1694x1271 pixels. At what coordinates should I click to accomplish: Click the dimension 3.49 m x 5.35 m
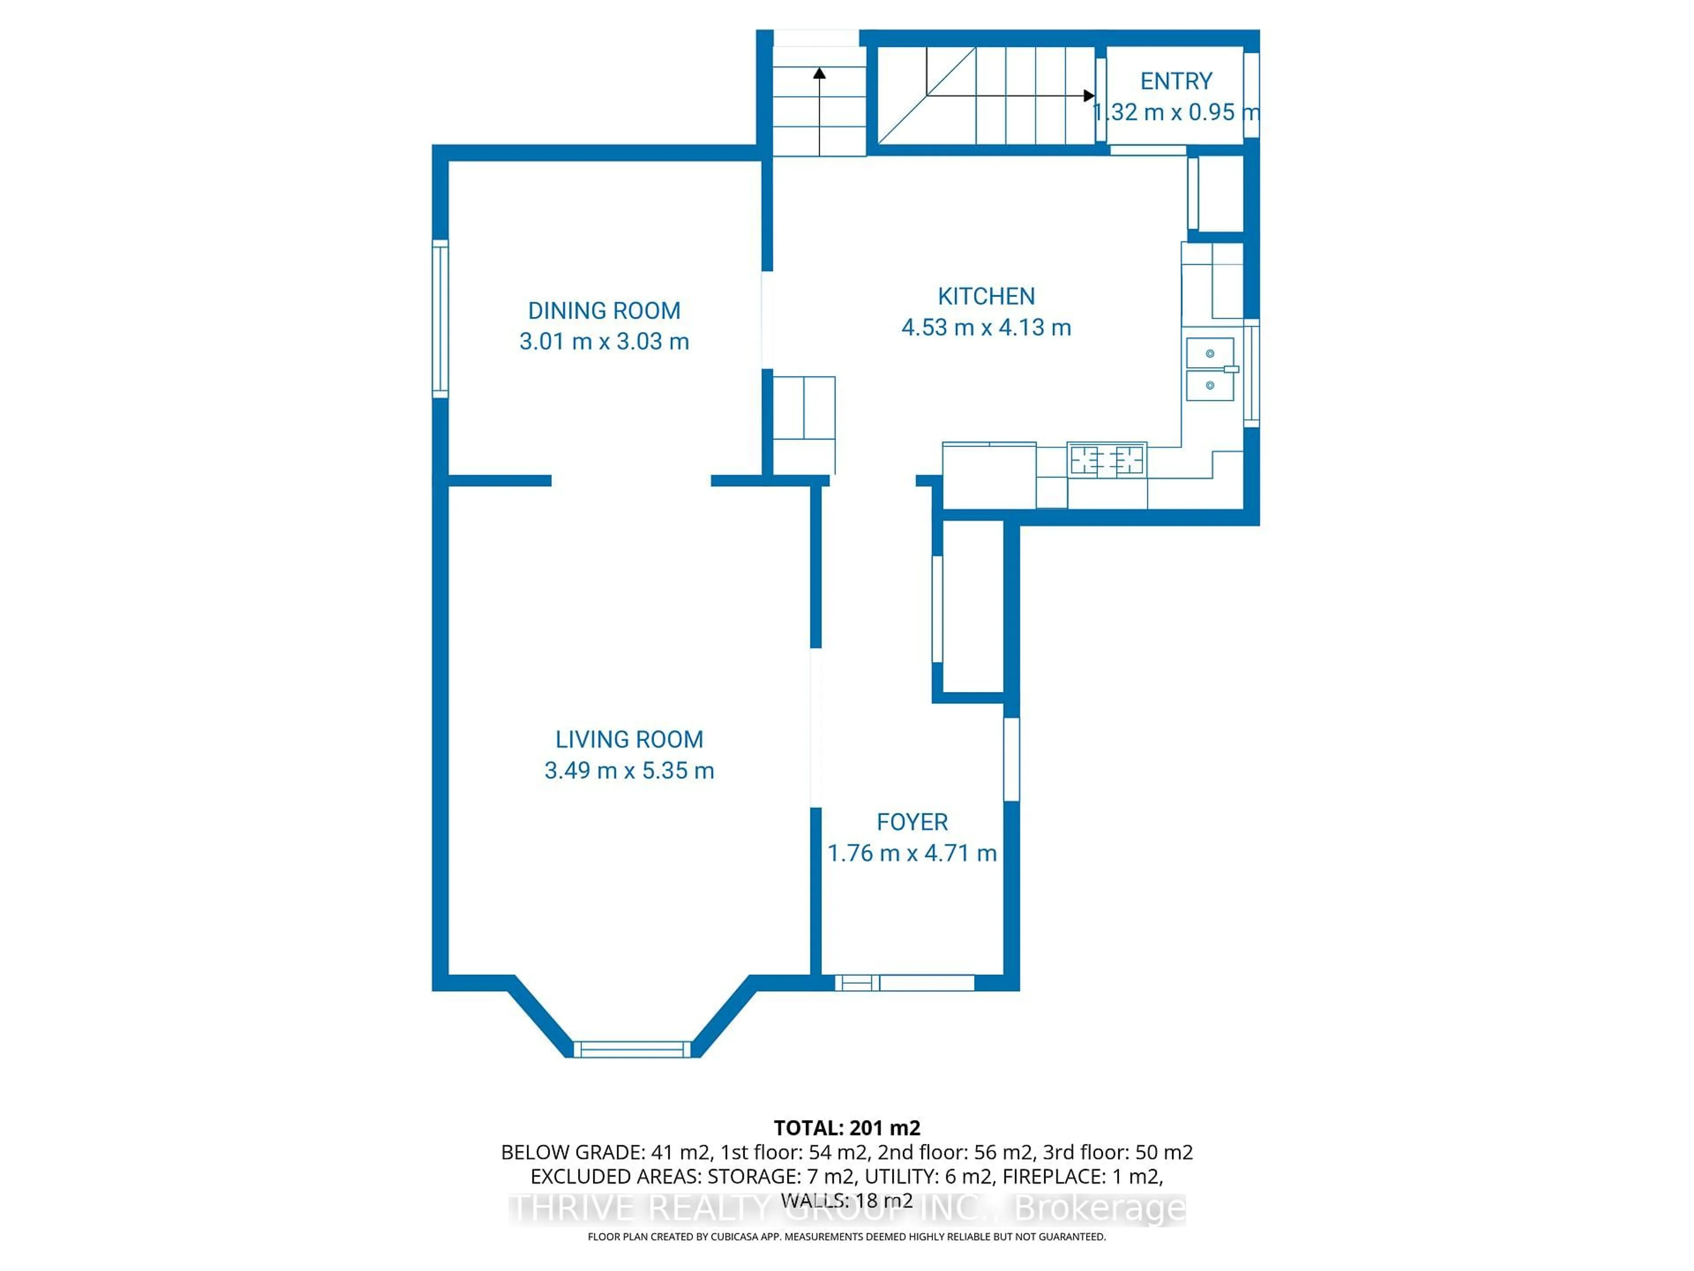tap(629, 770)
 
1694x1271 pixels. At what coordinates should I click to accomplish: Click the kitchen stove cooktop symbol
tap(1106, 460)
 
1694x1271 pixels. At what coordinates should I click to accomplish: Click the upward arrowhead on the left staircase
tap(820, 74)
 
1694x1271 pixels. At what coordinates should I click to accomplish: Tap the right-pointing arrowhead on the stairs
tap(1088, 96)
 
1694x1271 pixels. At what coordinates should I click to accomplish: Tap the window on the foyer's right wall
tap(1011, 759)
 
